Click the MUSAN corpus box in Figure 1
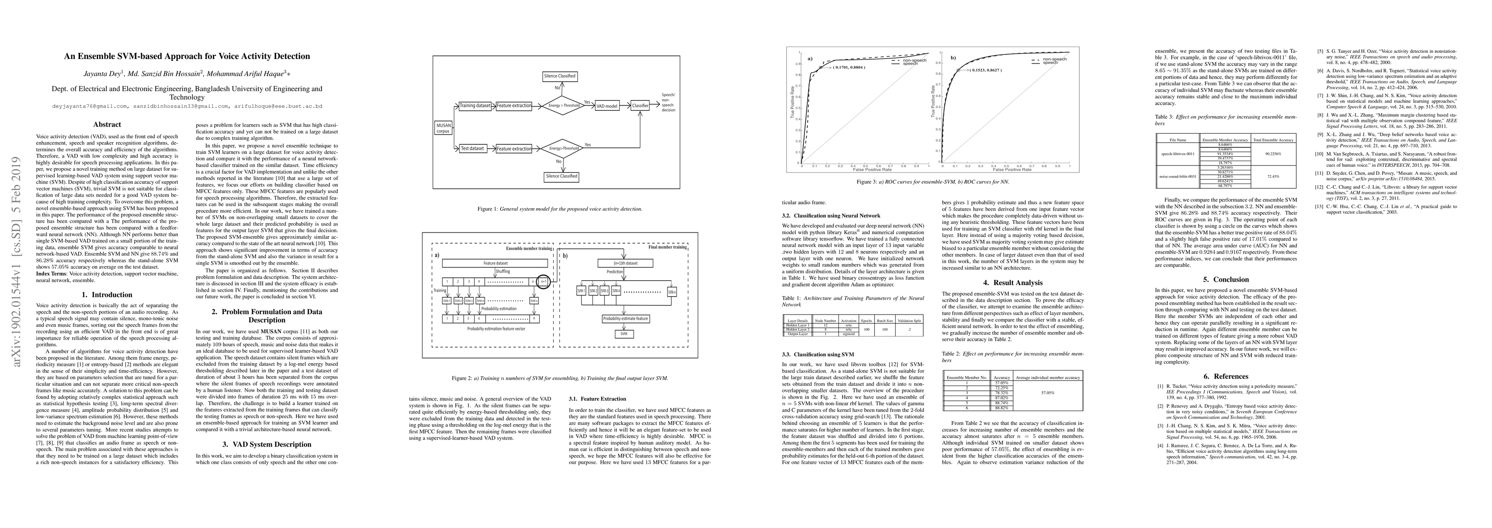point(442,128)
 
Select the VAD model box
point(607,106)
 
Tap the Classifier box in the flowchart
point(640,106)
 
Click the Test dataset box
point(472,148)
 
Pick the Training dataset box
point(475,106)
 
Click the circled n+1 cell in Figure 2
point(543,282)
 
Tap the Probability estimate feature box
point(625,319)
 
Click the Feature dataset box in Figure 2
point(495,263)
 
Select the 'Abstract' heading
point(107,124)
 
